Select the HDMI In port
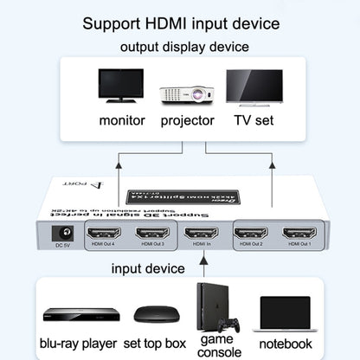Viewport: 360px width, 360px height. [201, 233]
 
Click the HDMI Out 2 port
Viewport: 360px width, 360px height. [252, 233]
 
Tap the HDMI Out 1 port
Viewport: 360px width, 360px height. [299, 233]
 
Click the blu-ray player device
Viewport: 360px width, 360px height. [68, 316]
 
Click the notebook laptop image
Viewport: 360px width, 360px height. [285, 313]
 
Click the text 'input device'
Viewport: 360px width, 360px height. [148, 268]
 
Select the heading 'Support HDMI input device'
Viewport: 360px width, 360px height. [180, 21]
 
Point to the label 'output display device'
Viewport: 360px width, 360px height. [180, 45]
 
